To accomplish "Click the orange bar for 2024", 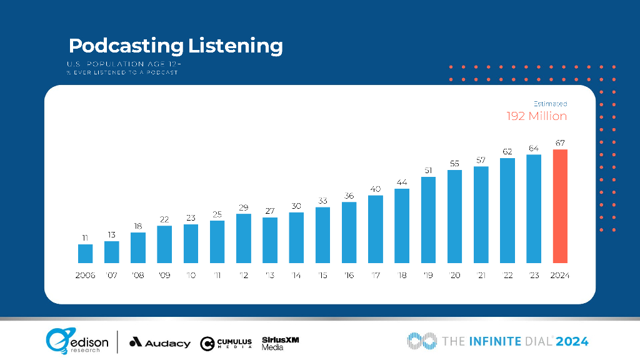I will click(560, 206).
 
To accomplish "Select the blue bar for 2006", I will click(86, 253).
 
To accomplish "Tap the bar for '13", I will click(270, 240).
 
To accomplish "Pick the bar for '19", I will click(428, 220).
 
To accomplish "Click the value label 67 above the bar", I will click(560, 143).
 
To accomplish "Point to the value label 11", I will click(86, 237).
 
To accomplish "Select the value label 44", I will click(402, 182).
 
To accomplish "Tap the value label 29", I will click(244, 207).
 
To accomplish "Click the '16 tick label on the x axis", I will click(349, 275).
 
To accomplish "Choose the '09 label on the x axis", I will click(164, 275).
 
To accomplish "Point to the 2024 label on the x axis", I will click(560, 275).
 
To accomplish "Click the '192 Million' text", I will click(536, 116).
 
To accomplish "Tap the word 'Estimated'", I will click(550, 104).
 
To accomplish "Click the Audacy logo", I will click(160, 342).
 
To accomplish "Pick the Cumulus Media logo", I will click(226, 343).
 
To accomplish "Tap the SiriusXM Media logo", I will click(281, 342).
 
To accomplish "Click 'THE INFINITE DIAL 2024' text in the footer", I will click(498, 341).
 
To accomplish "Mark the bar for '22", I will click(507, 211).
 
